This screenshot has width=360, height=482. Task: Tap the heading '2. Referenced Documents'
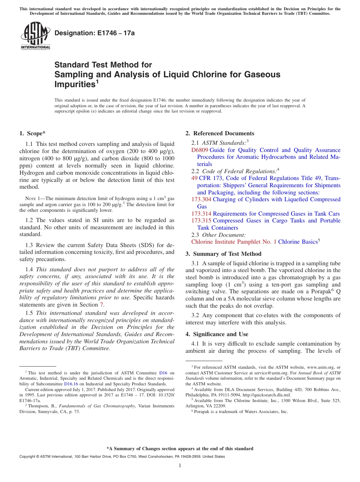pos(220,133)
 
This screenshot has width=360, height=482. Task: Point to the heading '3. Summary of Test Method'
pos(223,254)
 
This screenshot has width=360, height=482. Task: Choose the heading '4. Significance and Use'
pos(217,334)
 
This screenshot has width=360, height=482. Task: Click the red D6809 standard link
pos(200,150)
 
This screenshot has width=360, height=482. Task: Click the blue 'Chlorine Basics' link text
pos(297,242)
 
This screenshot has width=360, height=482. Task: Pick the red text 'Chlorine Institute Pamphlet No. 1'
pos(234,242)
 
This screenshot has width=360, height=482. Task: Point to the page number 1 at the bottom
pos(180,465)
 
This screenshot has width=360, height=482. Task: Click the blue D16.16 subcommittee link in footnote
pos(69,384)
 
